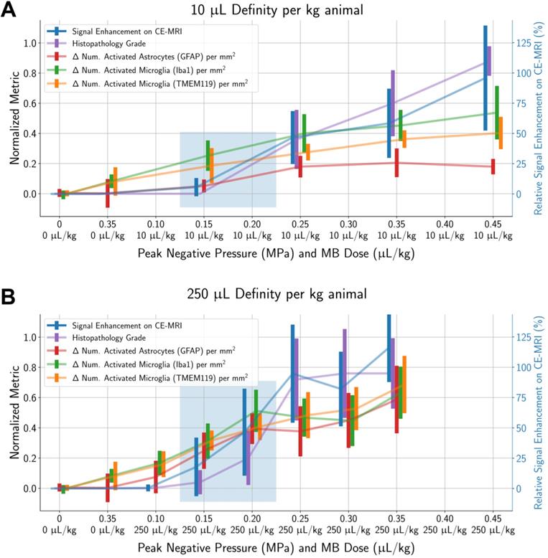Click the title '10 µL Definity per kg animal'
point(277,10)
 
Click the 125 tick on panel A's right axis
point(526,43)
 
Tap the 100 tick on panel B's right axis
point(526,367)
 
